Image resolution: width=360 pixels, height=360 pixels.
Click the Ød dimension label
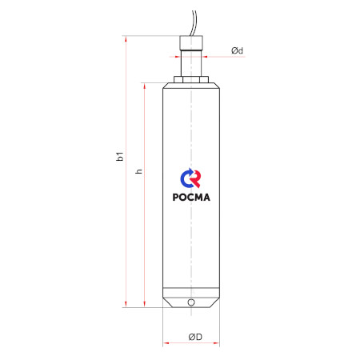237,50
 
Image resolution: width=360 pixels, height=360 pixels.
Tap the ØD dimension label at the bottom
195,337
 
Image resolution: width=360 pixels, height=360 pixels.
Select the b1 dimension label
120,156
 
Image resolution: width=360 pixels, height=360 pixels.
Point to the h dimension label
138,171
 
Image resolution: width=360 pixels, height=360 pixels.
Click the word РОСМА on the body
191,197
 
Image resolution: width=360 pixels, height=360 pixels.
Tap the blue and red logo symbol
190,178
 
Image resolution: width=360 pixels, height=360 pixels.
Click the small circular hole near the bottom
191,302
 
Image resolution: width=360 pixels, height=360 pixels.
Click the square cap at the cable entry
191,43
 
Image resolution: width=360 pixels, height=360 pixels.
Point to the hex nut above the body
191,79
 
